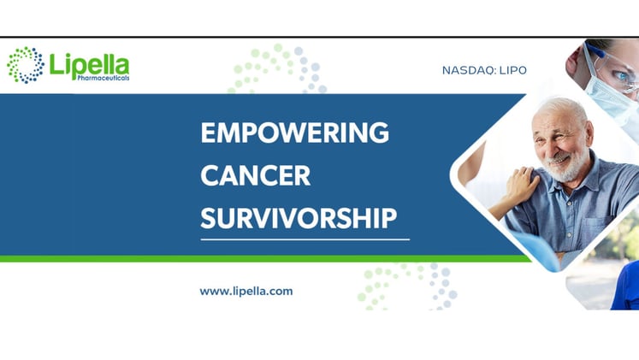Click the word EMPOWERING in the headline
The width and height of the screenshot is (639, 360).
tap(294, 133)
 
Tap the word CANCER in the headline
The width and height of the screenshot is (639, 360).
tap(255, 176)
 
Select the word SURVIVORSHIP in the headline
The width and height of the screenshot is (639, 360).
tap(299, 218)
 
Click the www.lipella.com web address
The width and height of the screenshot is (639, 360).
tap(246, 291)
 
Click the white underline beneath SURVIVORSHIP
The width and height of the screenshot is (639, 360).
tap(305, 239)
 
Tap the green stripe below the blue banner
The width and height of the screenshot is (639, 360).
tap(257, 258)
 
